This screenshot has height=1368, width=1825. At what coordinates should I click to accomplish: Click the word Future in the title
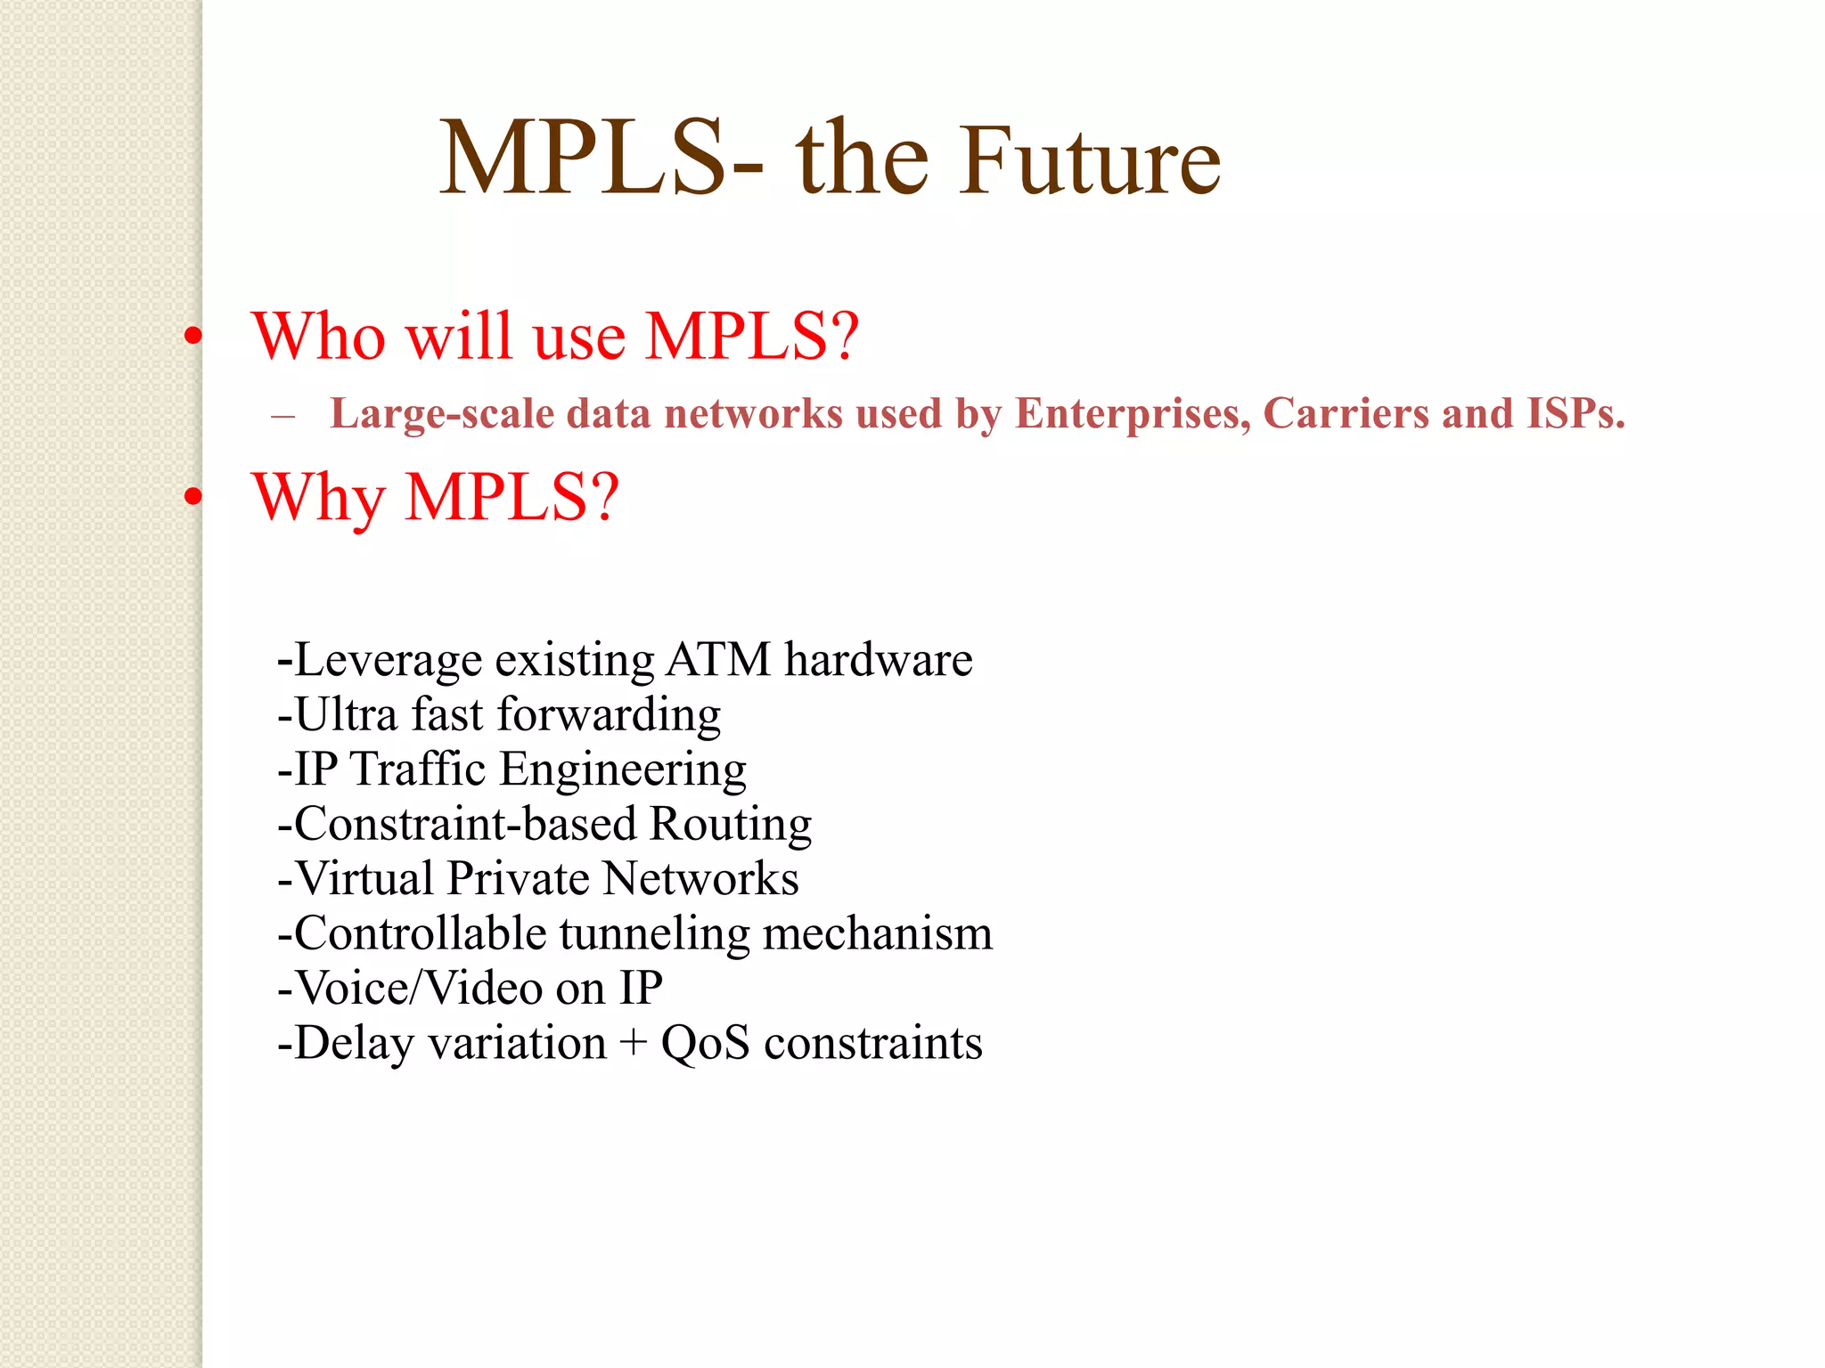coord(1089,160)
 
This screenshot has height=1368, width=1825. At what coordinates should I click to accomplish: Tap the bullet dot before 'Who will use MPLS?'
coord(193,337)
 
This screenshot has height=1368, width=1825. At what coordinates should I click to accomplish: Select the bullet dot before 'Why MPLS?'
coord(193,497)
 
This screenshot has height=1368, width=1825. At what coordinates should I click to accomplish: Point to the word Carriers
coord(1346,414)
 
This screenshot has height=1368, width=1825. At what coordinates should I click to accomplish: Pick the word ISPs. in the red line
coord(1575,414)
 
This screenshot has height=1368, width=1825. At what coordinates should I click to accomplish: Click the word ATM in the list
coord(718,660)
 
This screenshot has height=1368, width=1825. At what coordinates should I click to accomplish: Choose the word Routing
coord(731,825)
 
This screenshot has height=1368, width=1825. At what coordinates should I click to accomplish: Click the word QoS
coord(705,1043)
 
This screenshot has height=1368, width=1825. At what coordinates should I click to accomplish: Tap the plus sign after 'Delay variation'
coord(634,1044)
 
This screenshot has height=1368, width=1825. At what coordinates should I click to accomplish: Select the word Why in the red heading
coord(318,497)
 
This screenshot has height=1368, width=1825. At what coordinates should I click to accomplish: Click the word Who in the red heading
coord(317,337)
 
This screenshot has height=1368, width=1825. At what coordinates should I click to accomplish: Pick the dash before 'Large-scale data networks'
coord(282,415)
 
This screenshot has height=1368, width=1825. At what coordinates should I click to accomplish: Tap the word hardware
coord(879,660)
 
